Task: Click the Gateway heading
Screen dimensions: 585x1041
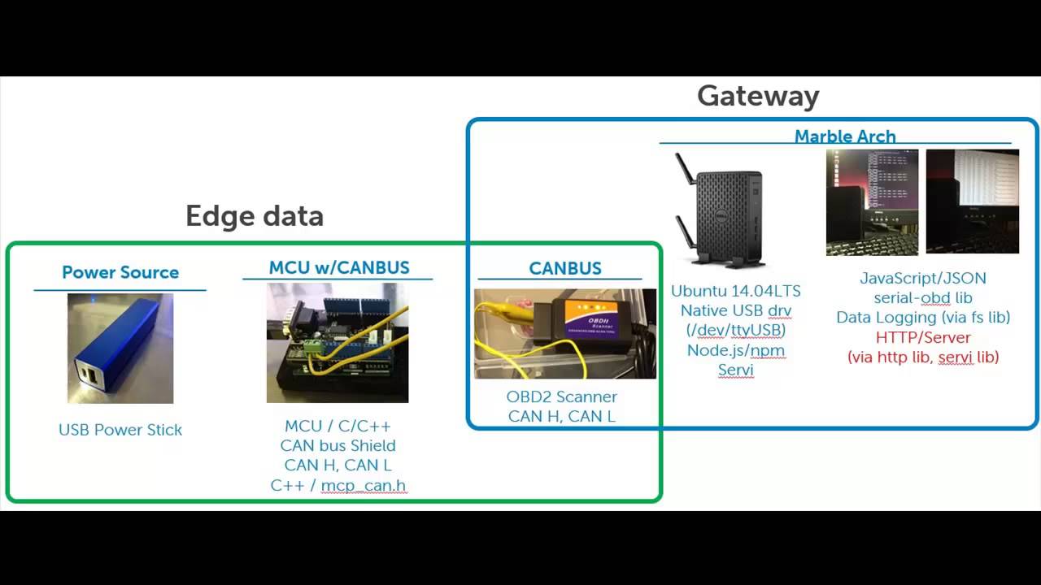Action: click(758, 96)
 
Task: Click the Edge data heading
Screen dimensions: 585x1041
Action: click(255, 216)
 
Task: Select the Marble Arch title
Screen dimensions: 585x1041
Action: click(845, 136)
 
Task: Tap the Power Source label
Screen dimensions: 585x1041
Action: click(120, 272)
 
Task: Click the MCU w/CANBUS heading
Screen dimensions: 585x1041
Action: click(339, 267)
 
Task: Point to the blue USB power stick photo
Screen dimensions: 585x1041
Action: click(120, 349)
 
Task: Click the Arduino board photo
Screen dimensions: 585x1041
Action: click(338, 343)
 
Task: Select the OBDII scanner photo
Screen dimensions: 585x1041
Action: click(565, 333)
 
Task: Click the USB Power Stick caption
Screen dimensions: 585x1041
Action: click(120, 430)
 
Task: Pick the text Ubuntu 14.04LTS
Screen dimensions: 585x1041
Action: click(736, 291)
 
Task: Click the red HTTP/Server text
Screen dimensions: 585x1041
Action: click(923, 337)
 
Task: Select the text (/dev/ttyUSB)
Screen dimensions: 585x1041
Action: click(736, 330)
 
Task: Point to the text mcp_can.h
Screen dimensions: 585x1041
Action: click(363, 486)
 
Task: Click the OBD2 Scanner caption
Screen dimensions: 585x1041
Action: click(562, 396)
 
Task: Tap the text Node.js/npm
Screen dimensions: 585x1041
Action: click(736, 350)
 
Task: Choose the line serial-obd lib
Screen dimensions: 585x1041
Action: click(923, 298)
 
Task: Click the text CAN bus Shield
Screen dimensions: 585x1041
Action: click(338, 445)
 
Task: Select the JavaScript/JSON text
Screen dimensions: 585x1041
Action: click(923, 278)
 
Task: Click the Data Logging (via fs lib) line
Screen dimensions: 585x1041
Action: click(923, 318)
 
